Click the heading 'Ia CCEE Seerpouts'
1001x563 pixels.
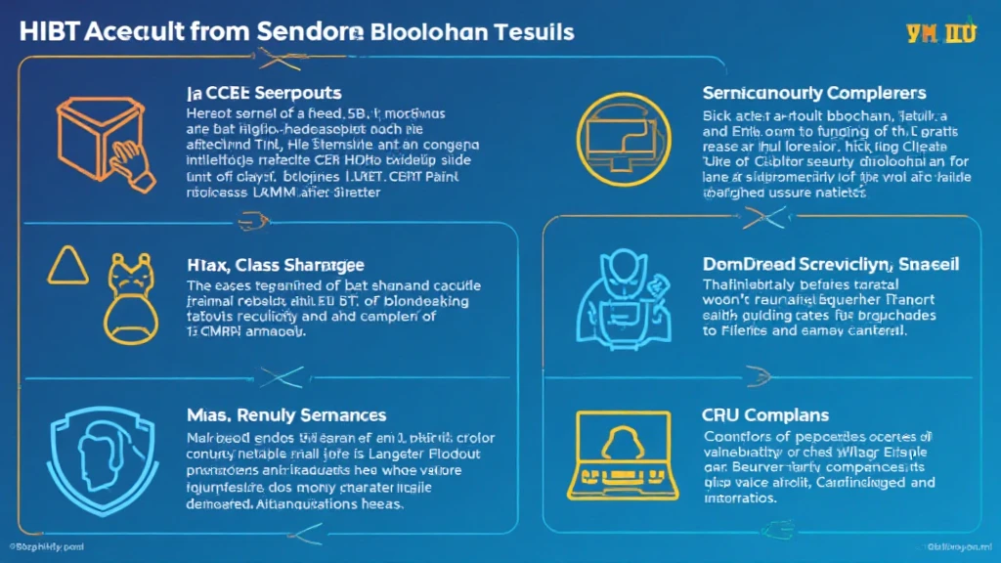click(263, 93)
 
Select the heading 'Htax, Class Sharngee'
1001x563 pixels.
click(269, 263)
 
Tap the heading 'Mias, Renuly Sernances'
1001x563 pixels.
click(285, 416)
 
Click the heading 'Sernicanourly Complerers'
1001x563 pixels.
click(813, 94)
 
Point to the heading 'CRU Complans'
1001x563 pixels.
click(765, 415)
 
